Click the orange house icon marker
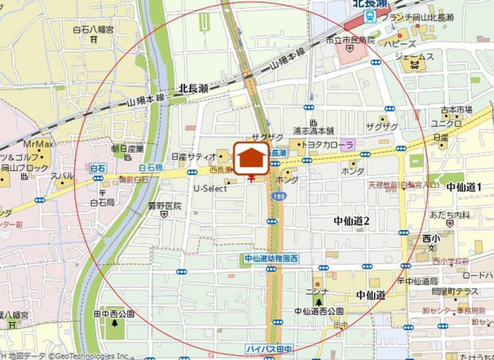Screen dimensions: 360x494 point(251,158)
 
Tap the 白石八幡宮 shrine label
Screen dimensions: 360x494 point(93,30)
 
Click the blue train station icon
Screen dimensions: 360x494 point(370,17)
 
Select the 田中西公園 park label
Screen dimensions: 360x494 point(114,314)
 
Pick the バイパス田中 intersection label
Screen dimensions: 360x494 point(269,348)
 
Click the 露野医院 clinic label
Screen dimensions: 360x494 point(165,206)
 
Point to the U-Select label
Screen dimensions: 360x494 point(210,189)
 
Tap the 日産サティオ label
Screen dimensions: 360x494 point(194,156)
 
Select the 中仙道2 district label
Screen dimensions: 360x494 point(352,221)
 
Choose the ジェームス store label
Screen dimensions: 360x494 point(414,56)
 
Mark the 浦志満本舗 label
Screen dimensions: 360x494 point(314,131)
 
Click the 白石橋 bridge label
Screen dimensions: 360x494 point(149,167)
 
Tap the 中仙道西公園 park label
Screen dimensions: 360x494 point(319,311)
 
